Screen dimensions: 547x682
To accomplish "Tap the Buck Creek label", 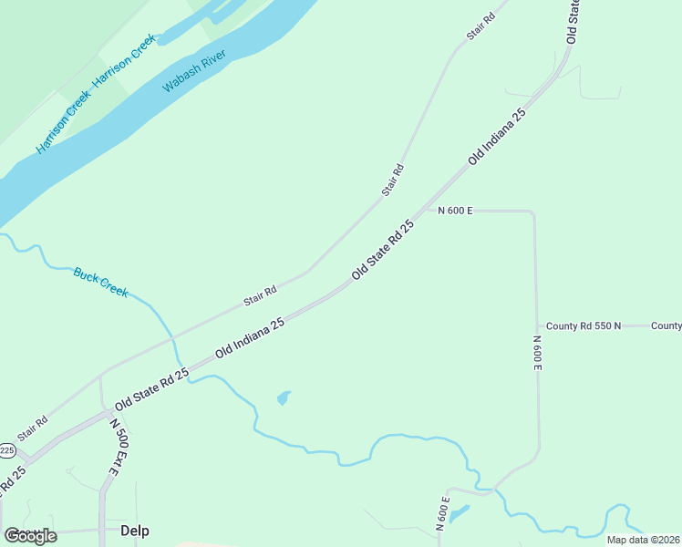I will pos(100,282).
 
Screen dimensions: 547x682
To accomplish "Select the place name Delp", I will pos(134,531).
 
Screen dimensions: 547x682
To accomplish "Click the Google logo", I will pos(30,536).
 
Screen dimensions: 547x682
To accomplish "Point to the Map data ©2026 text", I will pos(643,540).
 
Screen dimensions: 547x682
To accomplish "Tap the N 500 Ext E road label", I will pos(114,447).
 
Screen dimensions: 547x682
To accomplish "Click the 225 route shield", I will pos(6,450).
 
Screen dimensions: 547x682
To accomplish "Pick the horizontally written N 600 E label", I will pos(455,211).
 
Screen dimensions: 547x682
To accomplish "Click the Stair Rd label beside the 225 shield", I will pos(32,428).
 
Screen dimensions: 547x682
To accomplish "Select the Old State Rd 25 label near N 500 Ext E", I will pos(151,388).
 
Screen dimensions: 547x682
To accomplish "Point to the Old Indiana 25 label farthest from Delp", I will pos(498,136).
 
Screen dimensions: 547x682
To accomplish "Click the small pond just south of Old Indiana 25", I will pos(284,398).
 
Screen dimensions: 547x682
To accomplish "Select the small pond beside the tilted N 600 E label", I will pos(460,513).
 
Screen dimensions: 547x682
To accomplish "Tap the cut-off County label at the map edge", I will pos(666,325).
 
